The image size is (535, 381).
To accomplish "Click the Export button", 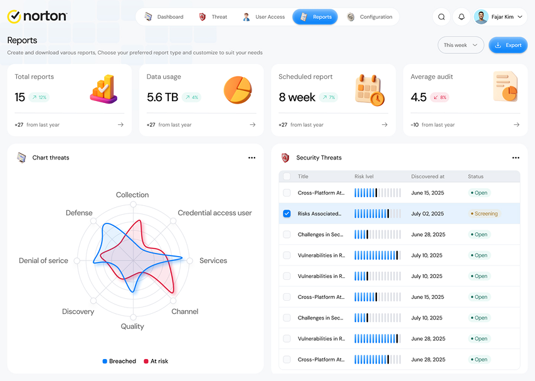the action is click(x=507, y=45).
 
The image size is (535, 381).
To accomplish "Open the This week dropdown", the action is click(x=460, y=45).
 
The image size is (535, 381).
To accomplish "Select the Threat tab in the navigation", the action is click(x=213, y=17).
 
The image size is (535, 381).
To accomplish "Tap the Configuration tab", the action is click(x=369, y=17).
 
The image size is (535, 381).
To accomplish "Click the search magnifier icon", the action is click(x=441, y=17).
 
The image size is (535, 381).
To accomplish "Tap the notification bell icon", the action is click(x=461, y=17).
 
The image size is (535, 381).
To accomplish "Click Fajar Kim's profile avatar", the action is click(x=481, y=17).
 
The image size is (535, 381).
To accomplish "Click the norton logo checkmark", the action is click(x=14, y=16).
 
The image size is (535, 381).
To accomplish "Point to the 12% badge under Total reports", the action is click(x=40, y=97).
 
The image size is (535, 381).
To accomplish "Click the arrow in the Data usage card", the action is click(x=253, y=125).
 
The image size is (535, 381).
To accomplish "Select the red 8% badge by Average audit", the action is click(x=440, y=97).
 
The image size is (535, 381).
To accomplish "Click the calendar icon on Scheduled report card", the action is click(x=369, y=90).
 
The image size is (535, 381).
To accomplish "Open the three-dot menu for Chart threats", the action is click(x=252, y=158).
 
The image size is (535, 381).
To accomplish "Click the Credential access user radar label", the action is click(x=215, y=213).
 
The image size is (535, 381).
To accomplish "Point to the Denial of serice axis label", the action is click(x=43, y=261).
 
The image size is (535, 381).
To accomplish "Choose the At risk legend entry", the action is click(x=156, y=361).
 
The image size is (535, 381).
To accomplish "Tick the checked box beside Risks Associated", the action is click(x=287, y=213).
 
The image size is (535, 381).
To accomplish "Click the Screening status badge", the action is click(x=484, y=213).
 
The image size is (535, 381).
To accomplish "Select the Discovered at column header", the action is click(x=428, y=176).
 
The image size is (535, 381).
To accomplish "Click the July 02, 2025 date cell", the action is click(x=428, y=213).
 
